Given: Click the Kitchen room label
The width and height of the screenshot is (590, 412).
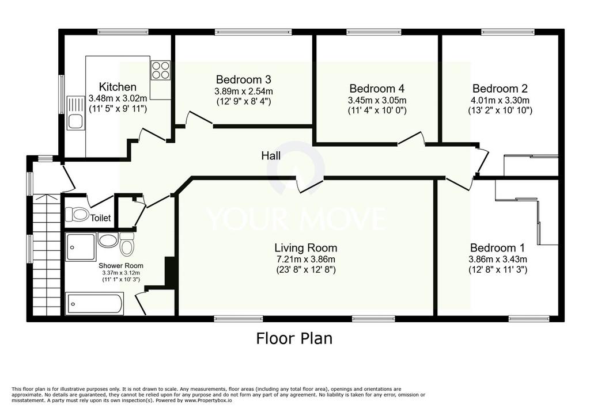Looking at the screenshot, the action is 118,87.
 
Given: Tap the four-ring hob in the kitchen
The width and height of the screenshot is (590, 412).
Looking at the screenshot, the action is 161,70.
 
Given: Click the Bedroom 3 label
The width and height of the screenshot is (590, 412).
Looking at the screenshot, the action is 244,79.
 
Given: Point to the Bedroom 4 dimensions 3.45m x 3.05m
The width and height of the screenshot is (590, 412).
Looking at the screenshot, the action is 377,100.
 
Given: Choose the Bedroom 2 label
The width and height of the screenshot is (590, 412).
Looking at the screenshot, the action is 500,89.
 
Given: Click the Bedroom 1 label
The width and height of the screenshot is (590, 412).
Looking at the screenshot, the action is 497,248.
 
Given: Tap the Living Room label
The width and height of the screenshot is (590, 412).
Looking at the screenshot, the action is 305,248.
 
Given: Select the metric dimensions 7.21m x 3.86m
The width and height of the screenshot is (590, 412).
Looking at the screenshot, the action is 305,260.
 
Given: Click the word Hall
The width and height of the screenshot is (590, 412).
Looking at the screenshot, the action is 271,155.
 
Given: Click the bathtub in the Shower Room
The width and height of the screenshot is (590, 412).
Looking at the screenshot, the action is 95,304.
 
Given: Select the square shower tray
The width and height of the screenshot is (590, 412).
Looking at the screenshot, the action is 81,247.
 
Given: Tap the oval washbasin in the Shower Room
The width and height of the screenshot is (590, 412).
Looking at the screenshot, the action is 108,240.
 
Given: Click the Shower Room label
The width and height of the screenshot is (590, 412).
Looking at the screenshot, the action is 121,266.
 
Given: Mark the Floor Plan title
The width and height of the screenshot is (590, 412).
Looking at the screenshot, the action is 294,338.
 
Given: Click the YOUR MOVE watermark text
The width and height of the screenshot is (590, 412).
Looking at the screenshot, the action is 296,219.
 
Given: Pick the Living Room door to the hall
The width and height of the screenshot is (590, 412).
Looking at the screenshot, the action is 309,185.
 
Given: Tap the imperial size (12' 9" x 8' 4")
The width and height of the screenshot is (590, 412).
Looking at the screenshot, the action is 244,101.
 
